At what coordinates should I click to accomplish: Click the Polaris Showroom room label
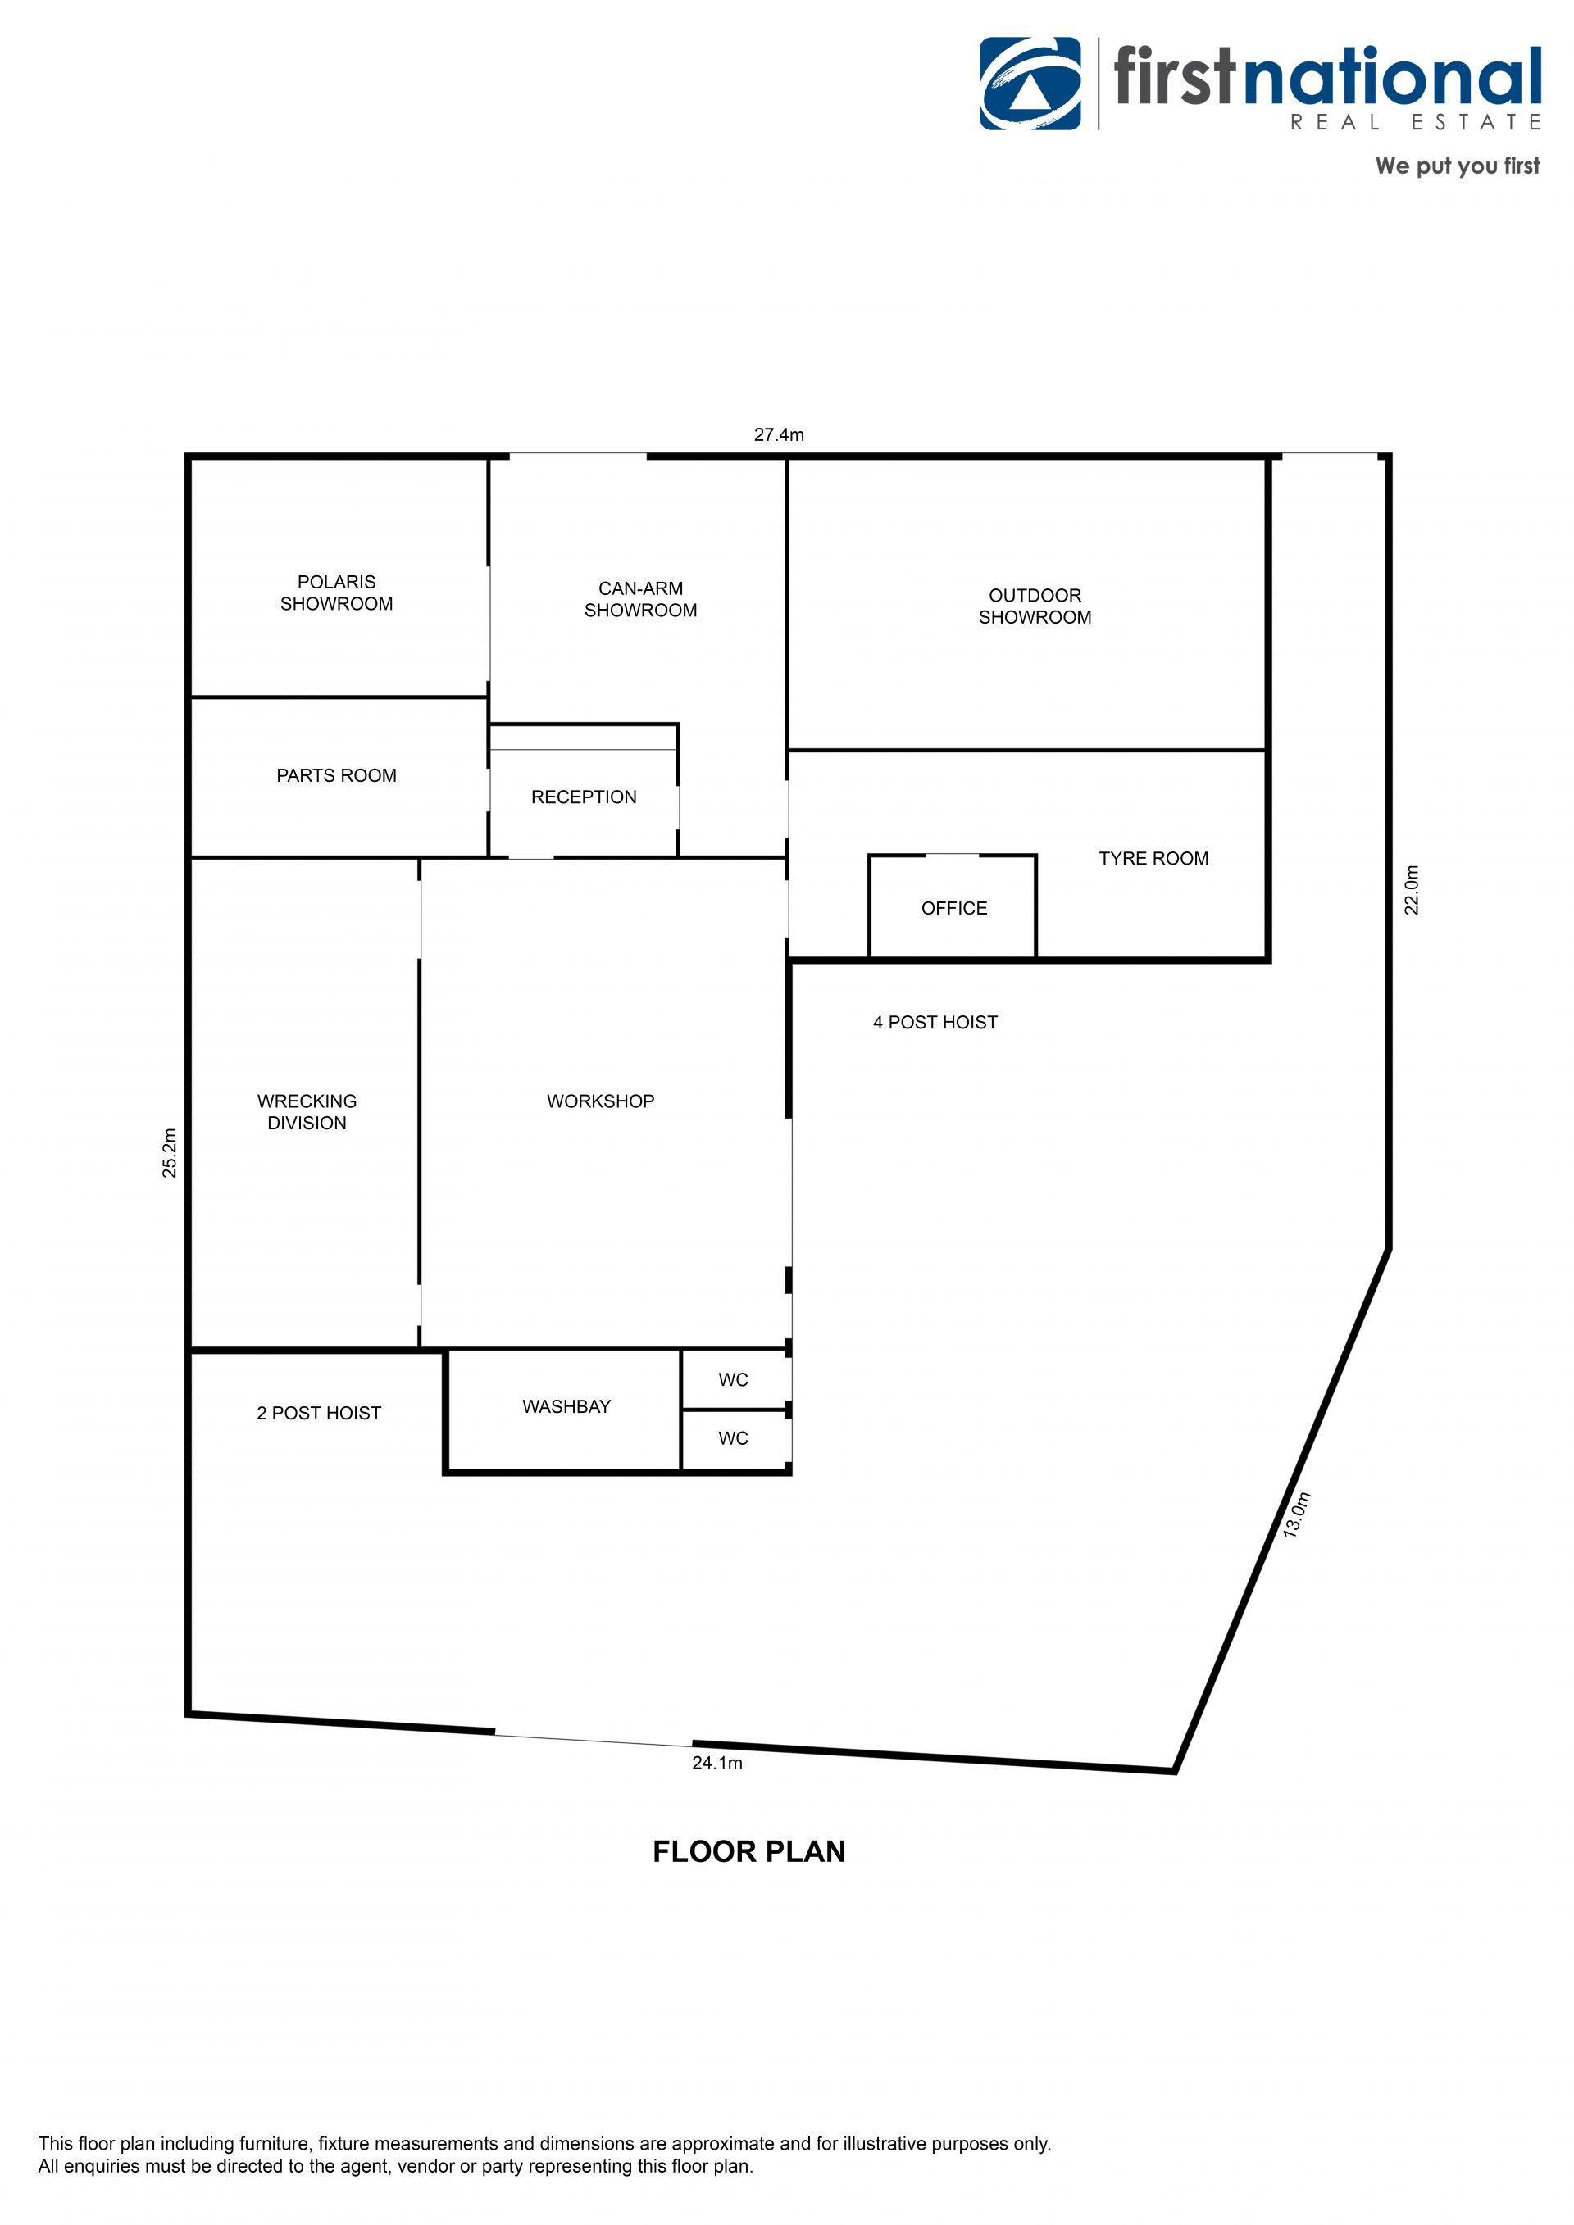(x=336, y=593)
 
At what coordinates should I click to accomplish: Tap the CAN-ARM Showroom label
(x=640, y=599)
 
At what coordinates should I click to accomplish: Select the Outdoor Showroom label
(x=1035, y=606)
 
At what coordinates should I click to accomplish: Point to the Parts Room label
(x=336, y=775)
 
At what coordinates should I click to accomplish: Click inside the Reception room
(x=584, y=797)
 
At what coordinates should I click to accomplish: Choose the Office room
(x=953, y=907)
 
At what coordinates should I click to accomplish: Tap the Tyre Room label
(x=1153, y=859)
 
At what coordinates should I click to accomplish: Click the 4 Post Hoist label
(x=935, y=1023)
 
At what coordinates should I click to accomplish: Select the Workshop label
(x=601, y=1101)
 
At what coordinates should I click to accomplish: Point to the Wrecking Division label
(x=307, y=1111)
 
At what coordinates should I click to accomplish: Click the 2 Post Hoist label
(x=319, y=1413)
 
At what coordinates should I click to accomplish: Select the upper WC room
(x=735, y=1379)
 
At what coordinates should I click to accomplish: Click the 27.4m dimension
(x=780, y=435)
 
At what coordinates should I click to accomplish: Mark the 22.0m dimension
(x=1413, y=890)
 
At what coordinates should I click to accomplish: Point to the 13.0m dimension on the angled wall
(x=1297, y=1514)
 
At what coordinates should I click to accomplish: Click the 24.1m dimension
(x=717, y=1763)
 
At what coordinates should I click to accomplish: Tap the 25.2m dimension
(x=170, y=1153)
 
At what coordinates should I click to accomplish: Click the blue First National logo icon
(x=1030, y=84)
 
